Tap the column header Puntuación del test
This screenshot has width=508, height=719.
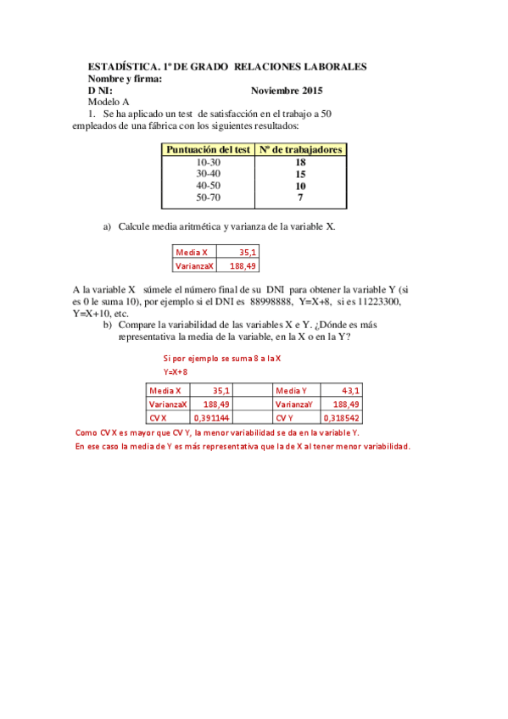208,149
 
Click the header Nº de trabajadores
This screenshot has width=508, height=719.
301,149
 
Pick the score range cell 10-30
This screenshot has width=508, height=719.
208,162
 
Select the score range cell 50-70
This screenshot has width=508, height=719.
208,198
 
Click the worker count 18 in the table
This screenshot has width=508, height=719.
300,162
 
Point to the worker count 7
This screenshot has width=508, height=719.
300,198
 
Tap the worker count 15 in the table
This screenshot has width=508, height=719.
300,174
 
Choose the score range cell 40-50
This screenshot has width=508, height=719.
208,186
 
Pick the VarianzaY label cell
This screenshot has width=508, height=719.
293,404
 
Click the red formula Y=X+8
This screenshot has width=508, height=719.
176,371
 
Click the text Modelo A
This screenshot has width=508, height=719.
109,102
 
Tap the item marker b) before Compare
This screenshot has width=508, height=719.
108,325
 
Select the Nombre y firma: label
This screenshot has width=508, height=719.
125,78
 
